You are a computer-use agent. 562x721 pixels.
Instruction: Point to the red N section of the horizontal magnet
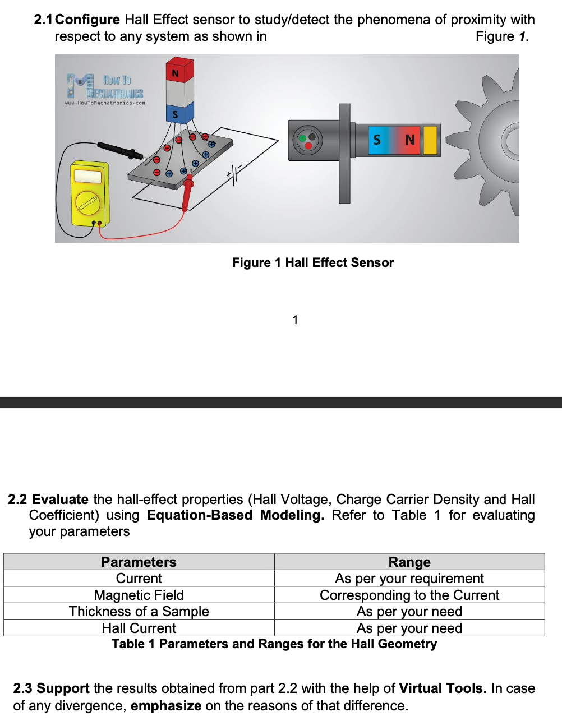(x=410, y=140)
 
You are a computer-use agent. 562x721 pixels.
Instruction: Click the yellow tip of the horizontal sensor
(x=430, y=140)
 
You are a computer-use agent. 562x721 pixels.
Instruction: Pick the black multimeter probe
(x=119, y=150)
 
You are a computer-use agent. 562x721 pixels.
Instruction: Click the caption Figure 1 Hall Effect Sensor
(x=313, y=262)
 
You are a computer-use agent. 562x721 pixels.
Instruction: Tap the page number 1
(x=295, y=320)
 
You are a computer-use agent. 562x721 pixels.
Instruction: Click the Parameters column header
(x=139, y=562)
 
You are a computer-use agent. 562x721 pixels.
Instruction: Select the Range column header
(x=409, y=562)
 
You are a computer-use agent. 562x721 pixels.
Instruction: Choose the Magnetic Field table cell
(x=139, y=595)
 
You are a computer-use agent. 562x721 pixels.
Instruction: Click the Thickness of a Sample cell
(x=139, y=612)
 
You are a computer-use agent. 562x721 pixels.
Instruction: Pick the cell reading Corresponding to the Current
(x=409, y=595)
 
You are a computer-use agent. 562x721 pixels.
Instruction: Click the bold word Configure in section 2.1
(x=87, y=20)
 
